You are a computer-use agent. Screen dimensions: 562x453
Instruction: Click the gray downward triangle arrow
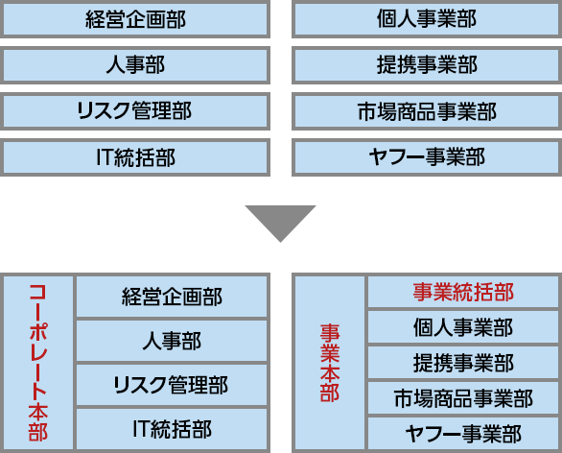pyautogui.click(x=280, y=220)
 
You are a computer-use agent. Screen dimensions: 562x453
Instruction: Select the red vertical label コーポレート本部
pyautogui.click(x=38, y=363)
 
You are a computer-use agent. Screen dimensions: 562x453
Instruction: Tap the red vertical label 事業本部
pyautogui.click(x=329, y=363)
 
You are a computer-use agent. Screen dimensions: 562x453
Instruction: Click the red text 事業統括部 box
pyautogui.click(x=463, y=292)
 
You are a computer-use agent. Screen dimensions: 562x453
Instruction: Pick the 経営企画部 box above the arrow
pyautogui.click(x=135, y=19)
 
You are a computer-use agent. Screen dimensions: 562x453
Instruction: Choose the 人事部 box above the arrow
pyautogui.click(x=135, y=65)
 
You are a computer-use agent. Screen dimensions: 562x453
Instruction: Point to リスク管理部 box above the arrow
pyautogui.click(x=135, y=111)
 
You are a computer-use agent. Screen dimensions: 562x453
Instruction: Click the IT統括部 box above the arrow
pyautogui.click(x=135, y=157)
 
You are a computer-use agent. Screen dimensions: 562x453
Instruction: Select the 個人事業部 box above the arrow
pyautogui.click(x=427, y=19)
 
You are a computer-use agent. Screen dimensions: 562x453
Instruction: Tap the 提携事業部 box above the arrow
pyautogui.click(x=427, y=65)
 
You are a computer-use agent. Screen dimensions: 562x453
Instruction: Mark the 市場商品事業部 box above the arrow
pyautogui.click(x=427, y=111)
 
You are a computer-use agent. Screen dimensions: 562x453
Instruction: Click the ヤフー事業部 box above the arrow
pyautogui.click(x=427, y=157)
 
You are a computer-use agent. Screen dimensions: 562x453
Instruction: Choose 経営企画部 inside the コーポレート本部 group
pyautogui.click(x=172, y=297)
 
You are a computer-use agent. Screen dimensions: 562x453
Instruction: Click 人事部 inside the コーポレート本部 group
pyautogui.click(x=172, y=341)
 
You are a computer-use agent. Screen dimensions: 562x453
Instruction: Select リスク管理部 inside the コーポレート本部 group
pyautogui.click(x=172, y=385)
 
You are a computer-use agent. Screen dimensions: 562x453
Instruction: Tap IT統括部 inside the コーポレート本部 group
pyautogui.click(x=172, y=429)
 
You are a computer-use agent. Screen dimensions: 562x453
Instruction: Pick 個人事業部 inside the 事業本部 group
pyautogui.click(x=463, y=327)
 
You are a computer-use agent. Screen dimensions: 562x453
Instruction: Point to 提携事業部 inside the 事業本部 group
pyautogui.click(x=463, y=362)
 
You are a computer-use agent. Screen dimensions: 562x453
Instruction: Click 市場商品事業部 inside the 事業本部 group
pyautogui.click(x=463, y=397)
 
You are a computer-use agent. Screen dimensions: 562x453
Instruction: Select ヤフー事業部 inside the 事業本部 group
pyautogui.click(x=463, y=433)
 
